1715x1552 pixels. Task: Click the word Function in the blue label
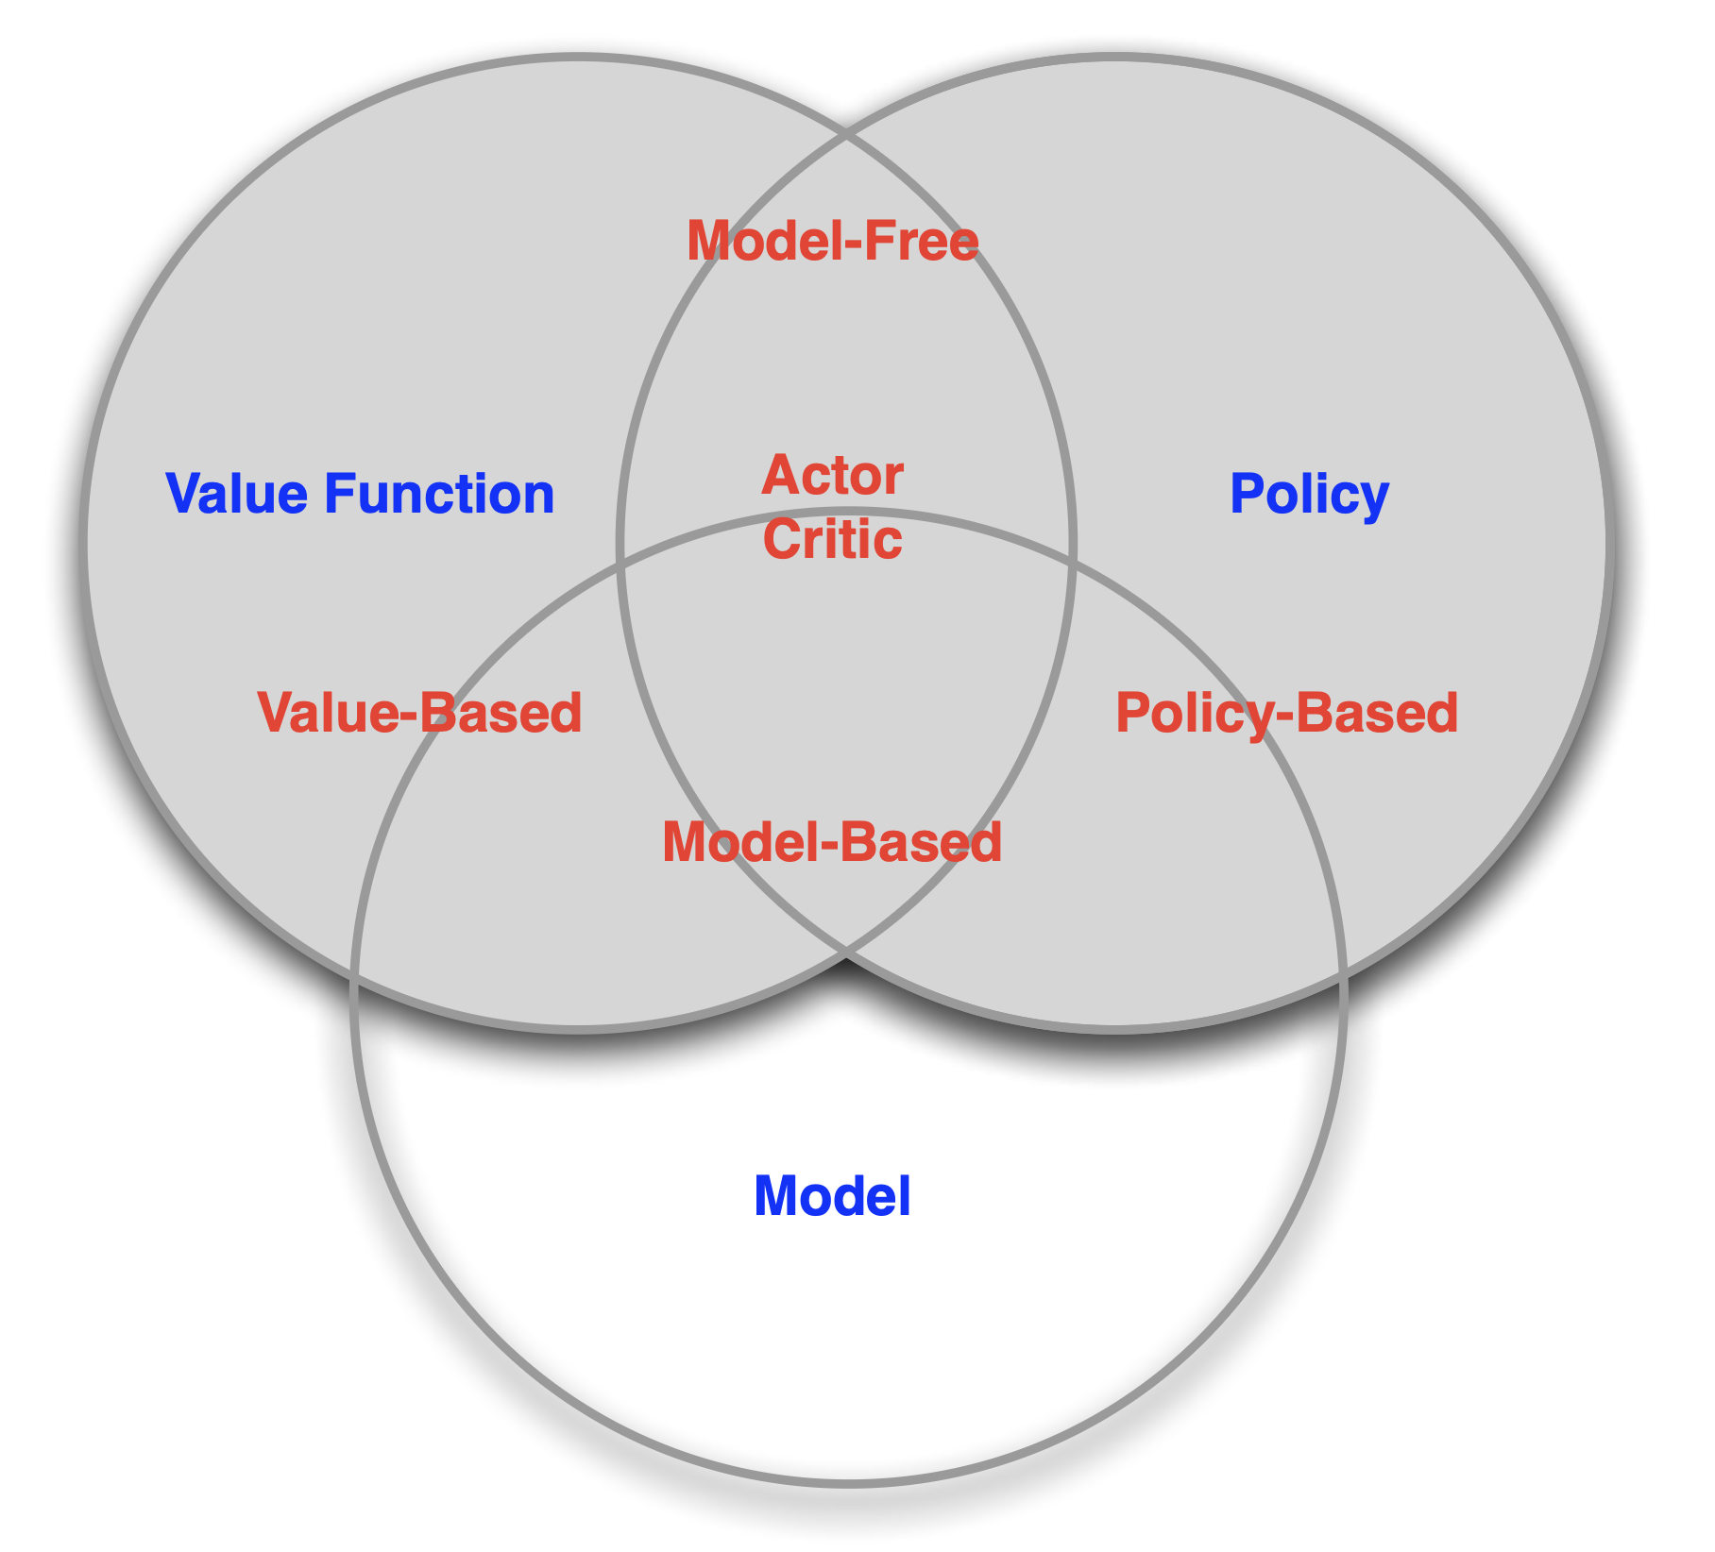coord(439,494)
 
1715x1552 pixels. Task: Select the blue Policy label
coord(1309,495)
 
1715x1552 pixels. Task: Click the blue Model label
coord(832,1196)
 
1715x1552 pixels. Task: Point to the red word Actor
coord(832,475)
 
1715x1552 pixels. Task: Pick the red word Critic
coord(832,539)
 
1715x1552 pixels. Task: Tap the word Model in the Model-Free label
coord(755,241)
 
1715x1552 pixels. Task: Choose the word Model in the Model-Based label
coord(733,842)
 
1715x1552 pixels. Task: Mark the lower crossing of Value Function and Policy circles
coord(847,955)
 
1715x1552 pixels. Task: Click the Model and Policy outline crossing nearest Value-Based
coord(620,566)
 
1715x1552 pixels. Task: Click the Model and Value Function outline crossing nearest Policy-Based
coord(1075,566)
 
